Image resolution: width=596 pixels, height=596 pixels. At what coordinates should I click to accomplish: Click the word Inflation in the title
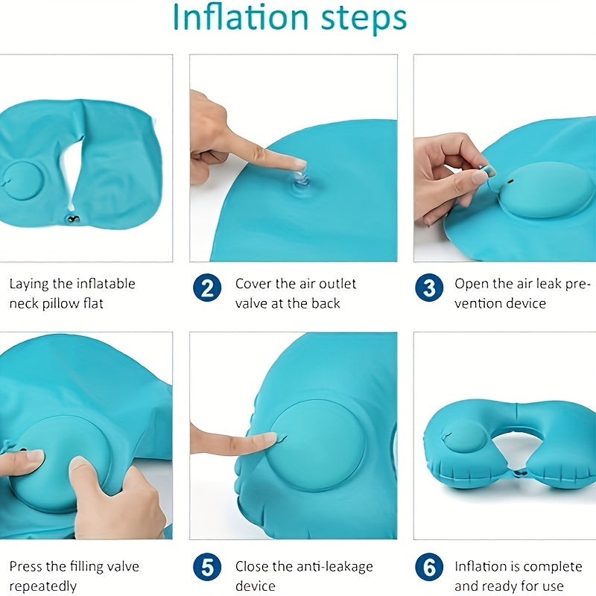click(x=240, y=17)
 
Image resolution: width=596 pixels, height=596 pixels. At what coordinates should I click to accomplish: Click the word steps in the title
click(x=364, y=19)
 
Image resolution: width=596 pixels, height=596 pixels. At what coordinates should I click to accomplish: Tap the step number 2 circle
click(x=207, y=288)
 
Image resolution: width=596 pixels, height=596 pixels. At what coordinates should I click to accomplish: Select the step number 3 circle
click(x=429, y=288)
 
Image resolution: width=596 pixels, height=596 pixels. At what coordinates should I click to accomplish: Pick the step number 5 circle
click(x=207, y=567)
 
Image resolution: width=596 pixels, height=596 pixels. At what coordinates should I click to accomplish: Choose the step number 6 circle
click(x=429, y=567)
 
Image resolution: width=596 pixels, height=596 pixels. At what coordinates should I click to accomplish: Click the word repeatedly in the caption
click(x=43, y=586)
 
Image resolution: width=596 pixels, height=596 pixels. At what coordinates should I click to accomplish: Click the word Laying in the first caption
click(x=29, y=285)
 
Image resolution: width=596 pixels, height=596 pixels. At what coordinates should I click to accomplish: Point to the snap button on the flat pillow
click(x=72, y=219)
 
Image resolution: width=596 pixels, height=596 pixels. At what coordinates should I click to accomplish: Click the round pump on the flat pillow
click(x=22, y=181)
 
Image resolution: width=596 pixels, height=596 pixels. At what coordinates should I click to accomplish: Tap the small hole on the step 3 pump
click(x=510, y=182)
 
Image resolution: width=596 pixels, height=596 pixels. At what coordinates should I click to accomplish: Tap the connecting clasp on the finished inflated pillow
click(x=519, y=474)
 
